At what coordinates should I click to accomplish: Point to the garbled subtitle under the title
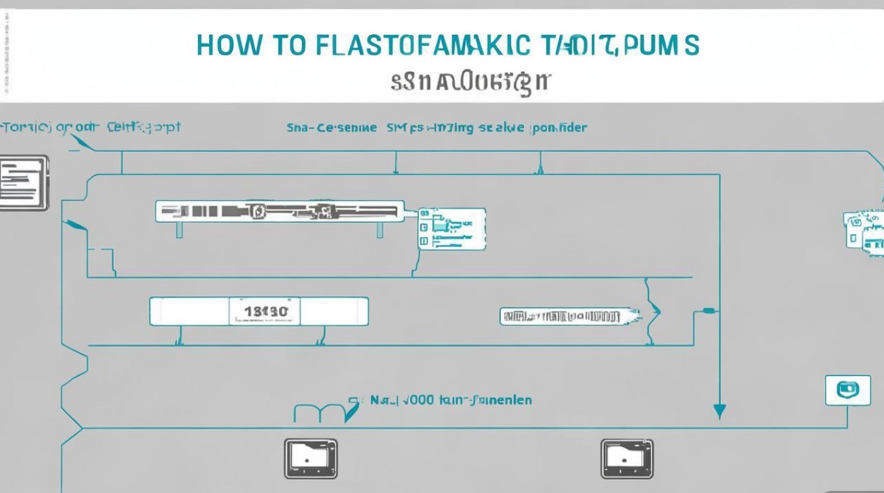point(470,83)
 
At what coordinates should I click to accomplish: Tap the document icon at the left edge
point(24,182)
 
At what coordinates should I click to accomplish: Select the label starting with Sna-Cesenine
point(331,128)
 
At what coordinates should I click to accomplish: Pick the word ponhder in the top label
point(558,128)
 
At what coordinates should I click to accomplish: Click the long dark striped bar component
point(280,211)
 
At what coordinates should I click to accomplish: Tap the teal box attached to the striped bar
point(453,229)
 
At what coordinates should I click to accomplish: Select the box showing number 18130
point(264,311)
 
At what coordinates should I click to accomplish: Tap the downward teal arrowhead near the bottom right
point(720,411)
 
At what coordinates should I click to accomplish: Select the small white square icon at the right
point(843,390)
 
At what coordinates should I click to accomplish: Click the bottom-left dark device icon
point(310,458)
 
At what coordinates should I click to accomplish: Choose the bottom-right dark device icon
point(627,458)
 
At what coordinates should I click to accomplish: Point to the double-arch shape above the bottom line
point(318,413)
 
